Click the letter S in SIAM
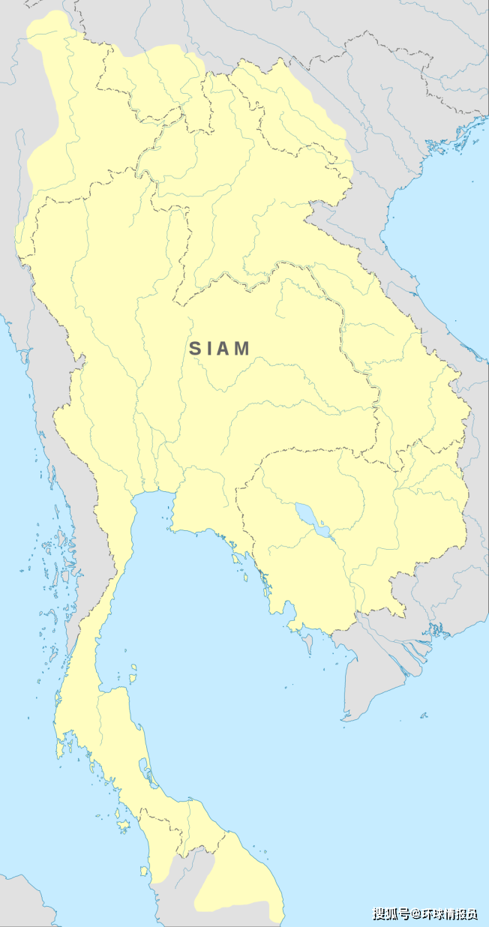click(x=195, y=349)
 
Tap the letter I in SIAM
click(x=208, y=349)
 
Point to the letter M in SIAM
click(x=241, y=349)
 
